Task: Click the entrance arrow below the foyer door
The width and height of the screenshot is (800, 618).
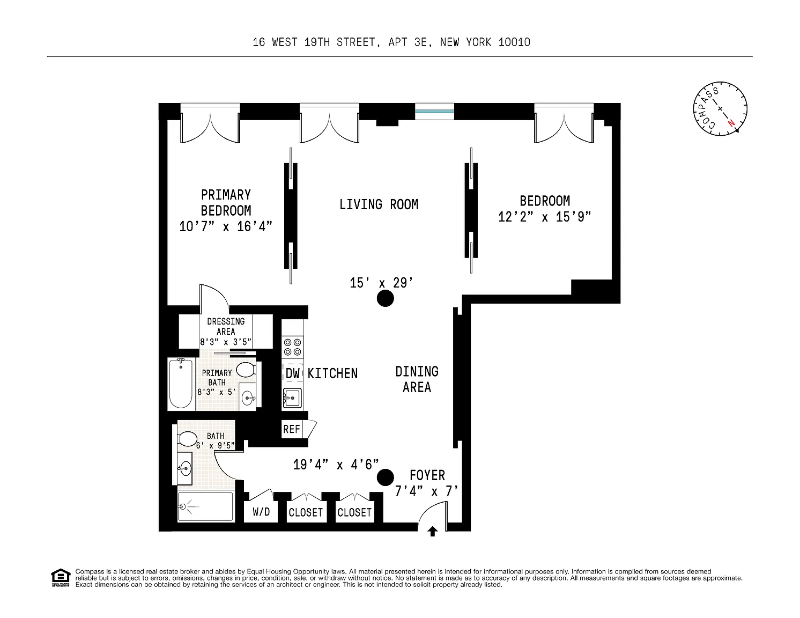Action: tap(432, 532)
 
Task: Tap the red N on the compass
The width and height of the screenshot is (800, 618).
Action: tap(731, 123)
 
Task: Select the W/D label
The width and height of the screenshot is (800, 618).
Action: tap(261, 512)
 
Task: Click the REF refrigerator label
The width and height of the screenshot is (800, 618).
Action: tap(292, 429)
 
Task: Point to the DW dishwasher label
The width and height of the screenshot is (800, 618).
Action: tap(293, 373)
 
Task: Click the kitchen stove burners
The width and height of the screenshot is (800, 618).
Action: tap(293, 347)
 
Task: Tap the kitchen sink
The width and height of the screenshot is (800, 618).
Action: tap(292, 398)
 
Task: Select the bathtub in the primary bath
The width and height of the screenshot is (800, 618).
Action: tap(180, 384)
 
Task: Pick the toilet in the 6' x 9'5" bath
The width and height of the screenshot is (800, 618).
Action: tap(187, 439)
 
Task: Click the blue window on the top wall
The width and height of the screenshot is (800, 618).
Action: tap(434, 111)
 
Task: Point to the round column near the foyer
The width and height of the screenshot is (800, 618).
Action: tap(386, 477)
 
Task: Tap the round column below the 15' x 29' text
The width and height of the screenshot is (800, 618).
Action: tap(386, 298)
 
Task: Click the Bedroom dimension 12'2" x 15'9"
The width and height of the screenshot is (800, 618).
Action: tap(544, 217)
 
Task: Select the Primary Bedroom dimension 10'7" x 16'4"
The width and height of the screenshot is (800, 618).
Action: tap(226, 226)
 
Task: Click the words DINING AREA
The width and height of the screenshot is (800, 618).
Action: tap(417, 379)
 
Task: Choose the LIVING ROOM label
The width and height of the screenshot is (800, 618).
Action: tap(379, 204)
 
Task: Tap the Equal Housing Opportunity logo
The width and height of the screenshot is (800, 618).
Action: tap(61, 578)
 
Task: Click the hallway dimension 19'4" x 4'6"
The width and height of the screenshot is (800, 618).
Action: tap(336, 465)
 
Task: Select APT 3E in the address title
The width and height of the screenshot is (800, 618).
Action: tap(408, 42)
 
